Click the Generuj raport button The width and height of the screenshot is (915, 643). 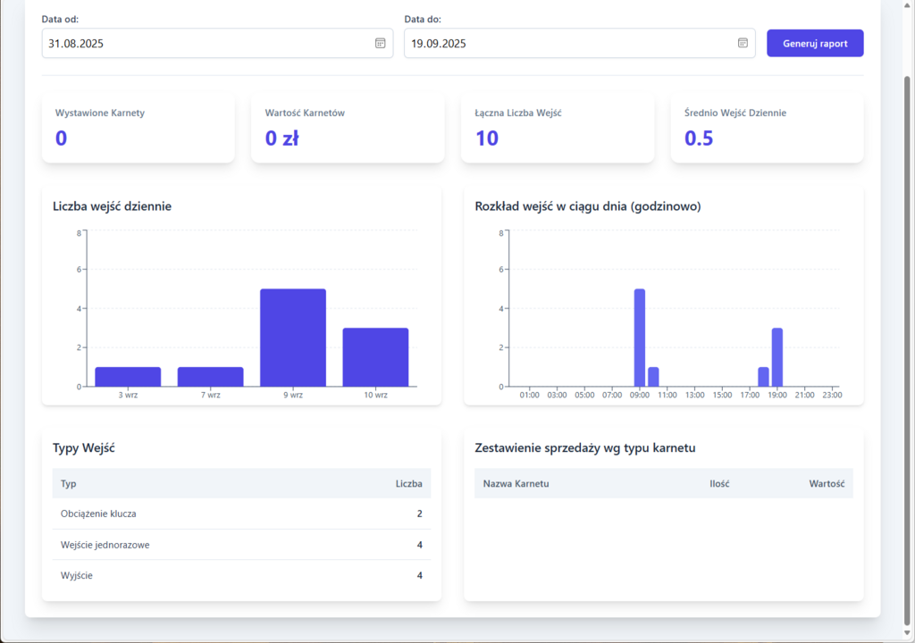click(815, 43)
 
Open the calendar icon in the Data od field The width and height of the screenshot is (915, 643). click(380, 43)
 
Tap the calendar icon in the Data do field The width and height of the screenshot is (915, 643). click(743, 43)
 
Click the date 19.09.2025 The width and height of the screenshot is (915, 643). click(439, 43)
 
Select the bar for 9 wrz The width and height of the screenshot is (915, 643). click(293, 338)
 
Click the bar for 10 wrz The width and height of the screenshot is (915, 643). click(375, 357)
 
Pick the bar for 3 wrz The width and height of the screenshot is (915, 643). click(128, 377)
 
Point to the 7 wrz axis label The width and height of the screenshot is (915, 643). click(210, 395)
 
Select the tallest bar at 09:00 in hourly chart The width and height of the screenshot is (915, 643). click(640, 338)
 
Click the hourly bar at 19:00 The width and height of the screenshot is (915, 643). click(777, 357)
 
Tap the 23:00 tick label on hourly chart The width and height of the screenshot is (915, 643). click(832, 395)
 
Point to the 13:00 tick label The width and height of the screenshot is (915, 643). click(694, 395)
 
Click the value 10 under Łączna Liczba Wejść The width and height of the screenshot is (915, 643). click(487, 138)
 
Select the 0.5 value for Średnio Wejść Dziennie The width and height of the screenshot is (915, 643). click(699, 138)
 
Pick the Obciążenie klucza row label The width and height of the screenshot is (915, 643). click(98, 514)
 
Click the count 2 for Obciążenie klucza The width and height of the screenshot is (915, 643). click(419, 514)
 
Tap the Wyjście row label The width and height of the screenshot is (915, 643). click(77, 575)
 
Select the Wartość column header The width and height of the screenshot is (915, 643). click(827, 484)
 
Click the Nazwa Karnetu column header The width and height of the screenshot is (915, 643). click(516, 484)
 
